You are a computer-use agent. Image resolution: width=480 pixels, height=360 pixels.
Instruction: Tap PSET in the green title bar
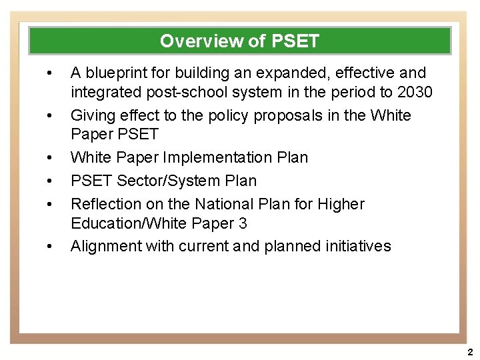(x=295, y=41)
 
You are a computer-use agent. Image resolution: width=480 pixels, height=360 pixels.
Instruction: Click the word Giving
(x=93, y=115)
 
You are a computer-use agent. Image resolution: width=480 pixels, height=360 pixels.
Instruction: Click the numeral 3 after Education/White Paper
(x=243, y=223)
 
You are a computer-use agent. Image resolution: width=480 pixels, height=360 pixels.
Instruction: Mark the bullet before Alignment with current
(x=49, y=246)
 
